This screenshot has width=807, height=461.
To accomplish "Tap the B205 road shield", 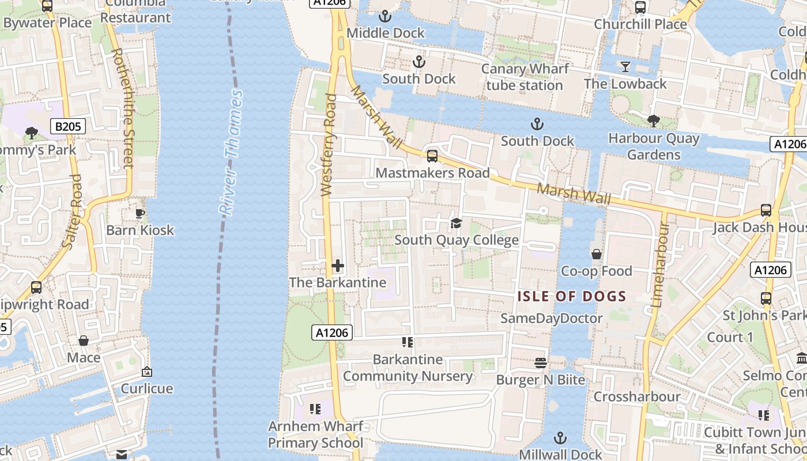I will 68,127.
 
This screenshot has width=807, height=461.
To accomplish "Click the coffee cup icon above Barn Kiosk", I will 139,214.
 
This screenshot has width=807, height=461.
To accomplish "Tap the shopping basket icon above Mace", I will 84,341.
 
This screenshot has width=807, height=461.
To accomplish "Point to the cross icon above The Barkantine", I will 338,266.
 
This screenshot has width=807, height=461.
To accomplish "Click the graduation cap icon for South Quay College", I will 456,224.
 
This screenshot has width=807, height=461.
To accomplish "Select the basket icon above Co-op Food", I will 596,254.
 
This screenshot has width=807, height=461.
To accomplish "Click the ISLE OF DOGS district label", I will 571,297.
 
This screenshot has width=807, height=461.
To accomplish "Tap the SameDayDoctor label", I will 551,318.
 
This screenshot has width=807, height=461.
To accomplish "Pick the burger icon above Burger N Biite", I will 540,363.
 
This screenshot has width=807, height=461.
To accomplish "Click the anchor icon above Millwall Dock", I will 560,438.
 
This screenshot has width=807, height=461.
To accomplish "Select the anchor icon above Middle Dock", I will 385,17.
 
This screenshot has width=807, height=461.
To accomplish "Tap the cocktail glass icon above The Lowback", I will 625,67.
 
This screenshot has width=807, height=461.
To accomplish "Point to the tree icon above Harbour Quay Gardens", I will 653,121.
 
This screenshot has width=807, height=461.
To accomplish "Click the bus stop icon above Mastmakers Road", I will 432,156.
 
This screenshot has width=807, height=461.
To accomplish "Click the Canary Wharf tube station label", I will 525,77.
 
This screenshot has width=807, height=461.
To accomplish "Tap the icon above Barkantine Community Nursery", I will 408,343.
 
